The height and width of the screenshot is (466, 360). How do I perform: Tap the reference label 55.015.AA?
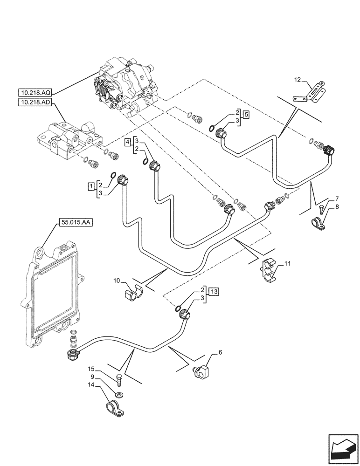[x=76, y=223]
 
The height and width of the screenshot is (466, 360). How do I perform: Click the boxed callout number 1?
[x=90, y=186]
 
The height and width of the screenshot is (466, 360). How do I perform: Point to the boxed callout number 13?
[x=214, y=292]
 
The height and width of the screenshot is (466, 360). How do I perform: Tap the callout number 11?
[x=287, y=264]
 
